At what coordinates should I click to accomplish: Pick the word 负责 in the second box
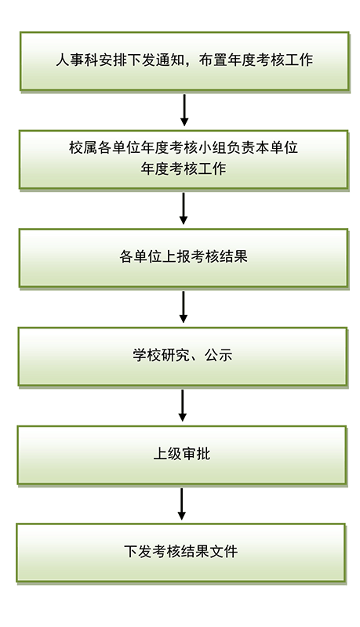[241, 147]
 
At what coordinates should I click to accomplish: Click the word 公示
[218, 355]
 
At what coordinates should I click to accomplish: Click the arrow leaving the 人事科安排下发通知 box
[184, 110]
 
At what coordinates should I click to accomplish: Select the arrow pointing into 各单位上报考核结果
[184, 208]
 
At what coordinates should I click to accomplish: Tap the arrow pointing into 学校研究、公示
[184, 306]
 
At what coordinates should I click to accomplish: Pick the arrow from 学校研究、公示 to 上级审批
[183, 405]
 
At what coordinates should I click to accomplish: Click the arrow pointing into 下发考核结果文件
[182, 504]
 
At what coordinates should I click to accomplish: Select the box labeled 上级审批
[182, 455]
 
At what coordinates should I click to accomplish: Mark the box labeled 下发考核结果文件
[181, 553]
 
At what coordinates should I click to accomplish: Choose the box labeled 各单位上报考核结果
[184, 259]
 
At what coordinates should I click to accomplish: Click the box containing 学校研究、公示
[183, 357]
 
